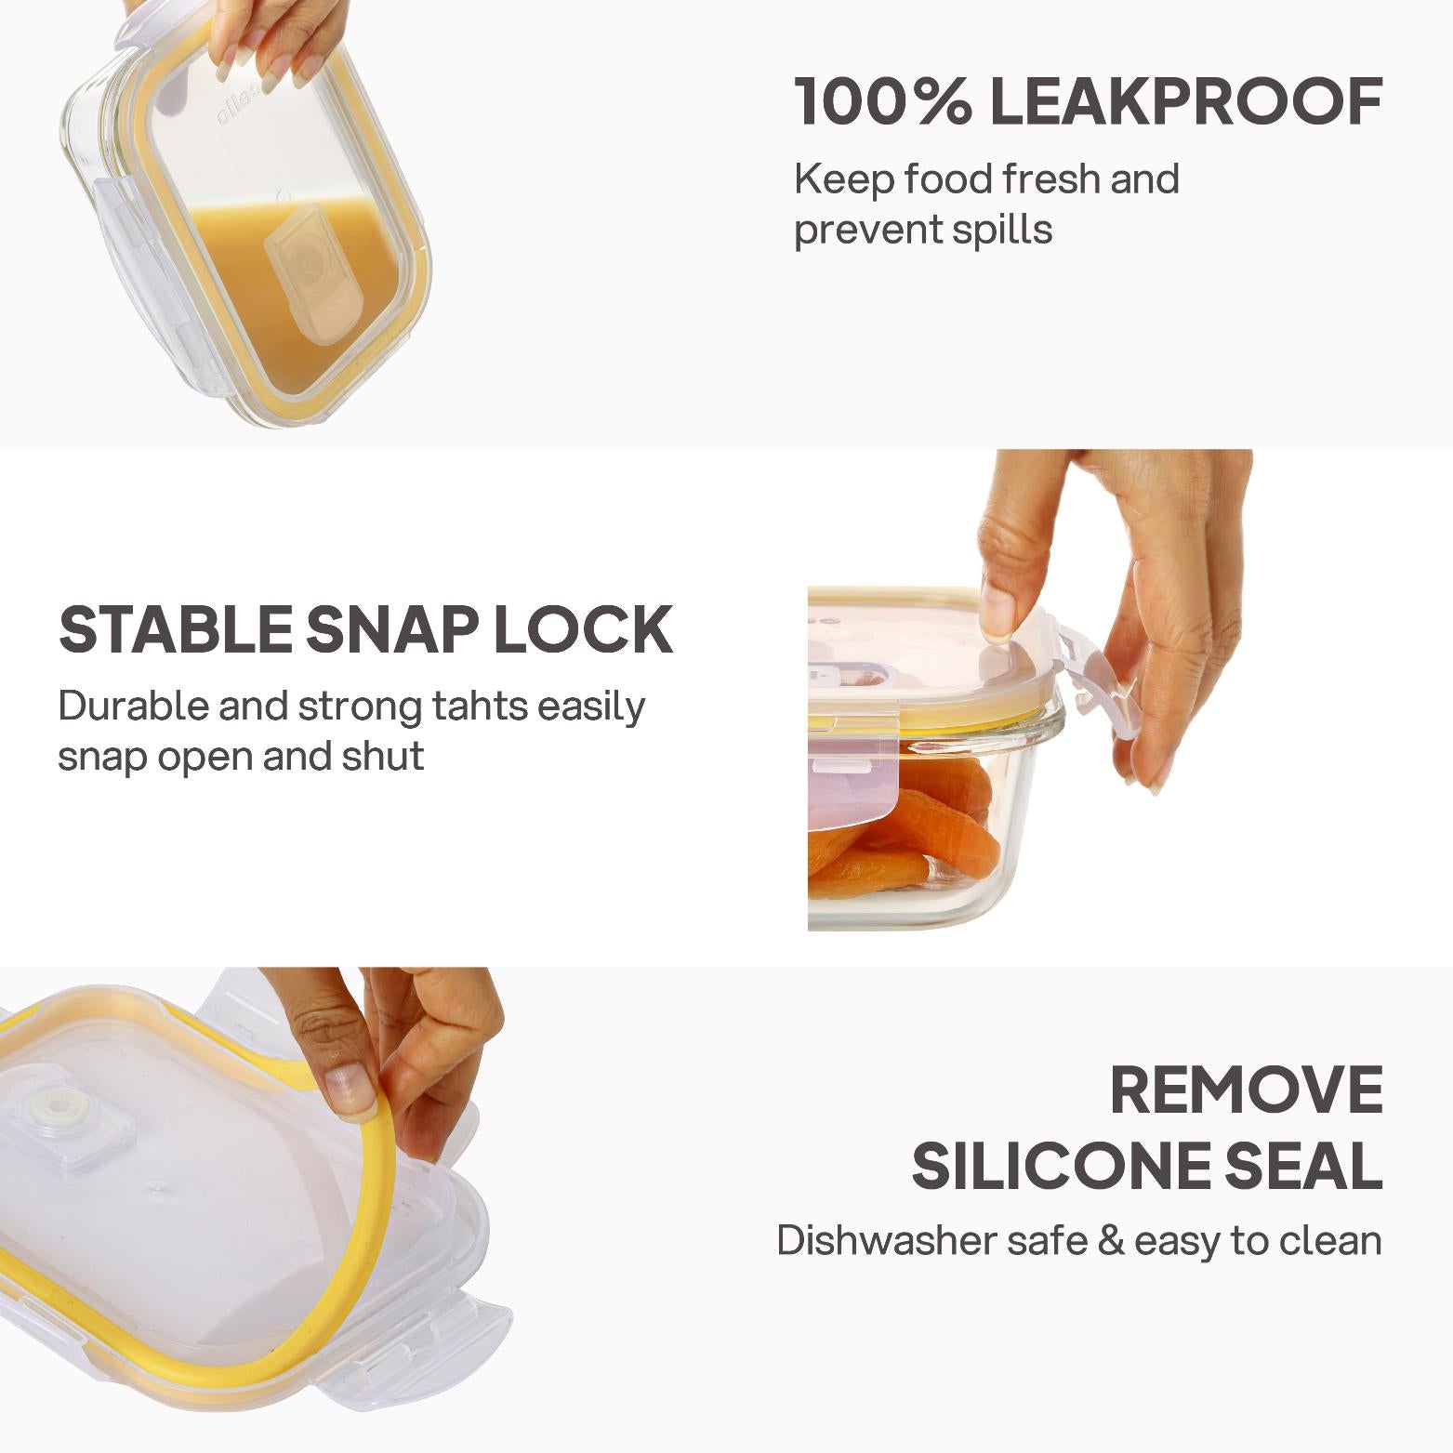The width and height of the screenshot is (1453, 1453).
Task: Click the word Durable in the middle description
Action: tap(133, 707)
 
